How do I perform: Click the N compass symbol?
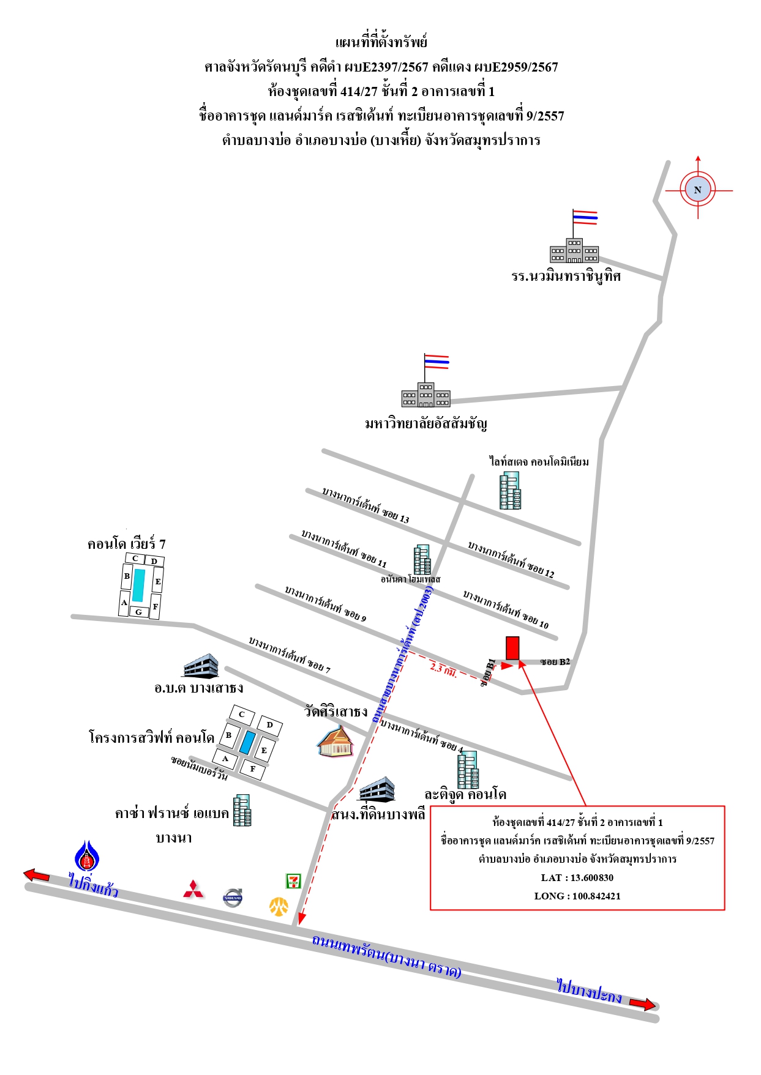coord(698,190)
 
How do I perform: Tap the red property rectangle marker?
coord(512,648)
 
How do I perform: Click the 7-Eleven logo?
coord(294,881)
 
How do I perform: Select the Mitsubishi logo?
coord(194,890)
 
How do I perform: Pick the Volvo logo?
coord(233,898)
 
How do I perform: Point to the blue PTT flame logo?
coord(88,855)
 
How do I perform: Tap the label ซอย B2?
coord(555,661)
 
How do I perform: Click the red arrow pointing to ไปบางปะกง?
coord(642,1004)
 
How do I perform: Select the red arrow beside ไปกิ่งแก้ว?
coord(36,875)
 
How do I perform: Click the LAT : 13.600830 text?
coord(577,877)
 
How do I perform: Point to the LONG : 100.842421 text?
coord(577,896)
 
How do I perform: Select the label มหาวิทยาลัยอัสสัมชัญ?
coord(426,423)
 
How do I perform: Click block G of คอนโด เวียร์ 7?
coord(138,612)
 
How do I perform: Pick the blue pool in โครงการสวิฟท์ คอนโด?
coord(247,742)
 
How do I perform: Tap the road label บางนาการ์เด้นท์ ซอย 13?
coord(366,505)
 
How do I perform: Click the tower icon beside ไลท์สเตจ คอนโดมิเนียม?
coord(510,491)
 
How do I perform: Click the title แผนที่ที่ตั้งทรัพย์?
coord(381,42)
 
